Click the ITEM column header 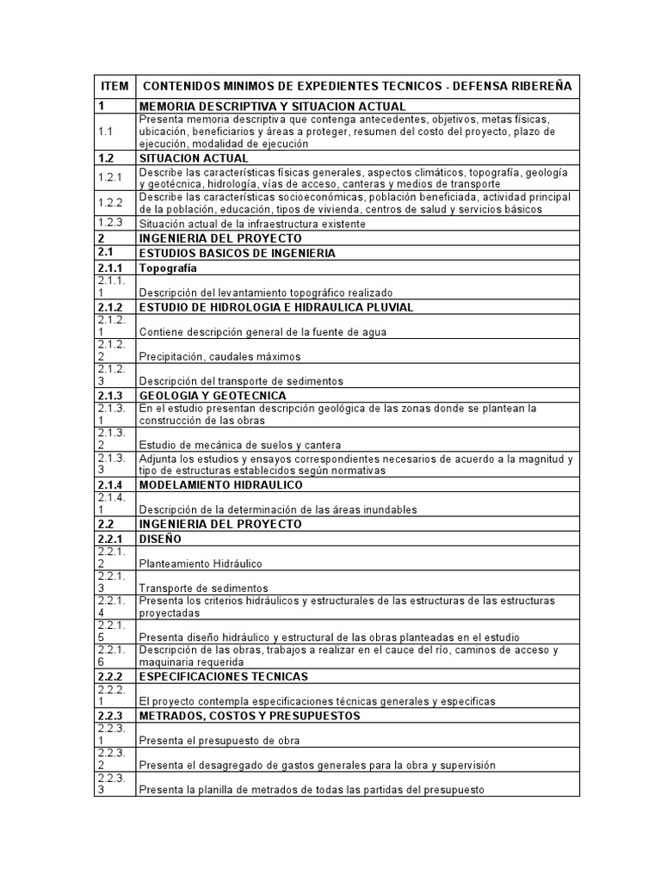pyautogui.click(x=114, y=87)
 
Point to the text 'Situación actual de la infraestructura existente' pyautogui.click(x=252, y=224)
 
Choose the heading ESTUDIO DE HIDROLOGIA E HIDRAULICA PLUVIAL pyautogui.click(x=276, y=307)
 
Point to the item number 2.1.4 pyautogui.click(x=113, y=484)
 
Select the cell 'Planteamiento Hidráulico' pyautogui.click(x=201, y=564)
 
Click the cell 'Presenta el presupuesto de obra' pyautogui.click(x=219, y=741)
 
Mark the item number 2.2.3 pyautogui.click(x=113, y=716)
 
